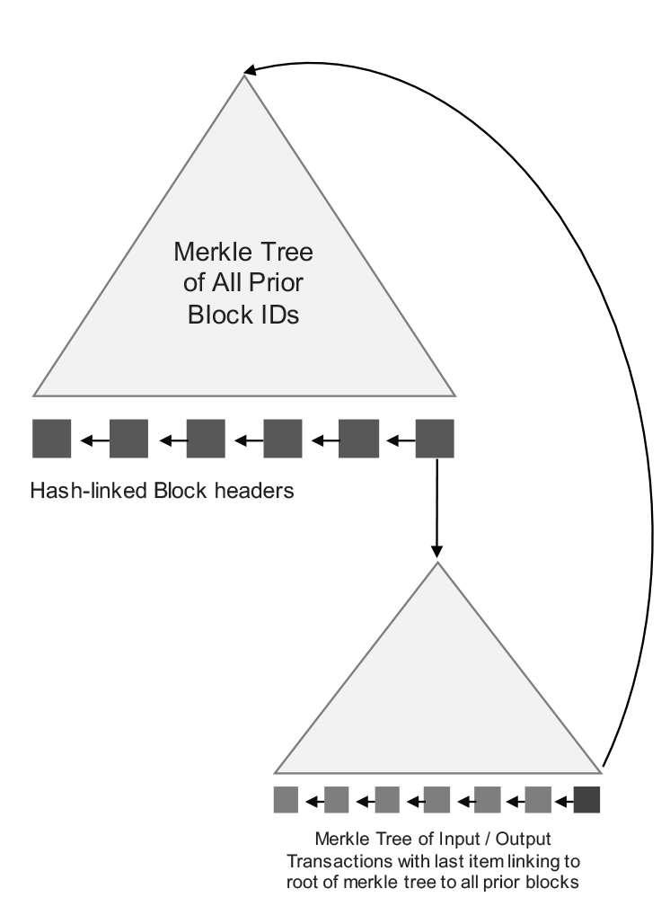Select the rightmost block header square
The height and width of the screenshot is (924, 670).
pos(435,439)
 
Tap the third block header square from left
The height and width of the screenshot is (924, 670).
pos(205,439)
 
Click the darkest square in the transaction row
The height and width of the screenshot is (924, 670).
pos(586,799)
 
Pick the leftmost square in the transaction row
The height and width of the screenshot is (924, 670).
pos(286,799)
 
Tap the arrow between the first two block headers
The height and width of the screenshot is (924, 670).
pos(90,440)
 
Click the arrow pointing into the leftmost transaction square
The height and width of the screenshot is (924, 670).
pos(311,799)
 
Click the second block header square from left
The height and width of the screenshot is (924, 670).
pos(128,439)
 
